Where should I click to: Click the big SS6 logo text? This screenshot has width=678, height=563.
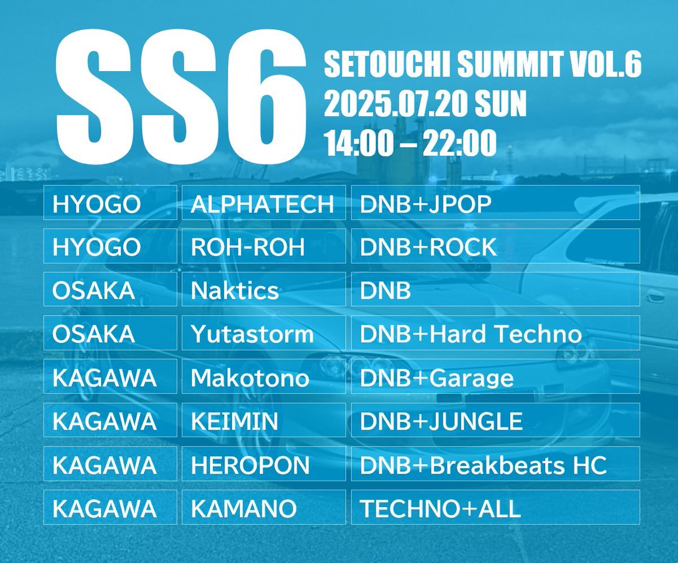click(x=181, y=97)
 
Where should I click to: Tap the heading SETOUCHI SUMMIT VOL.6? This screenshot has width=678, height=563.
click(x=483, y=64)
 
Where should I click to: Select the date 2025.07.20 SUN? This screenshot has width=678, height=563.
click(x=425, y=103)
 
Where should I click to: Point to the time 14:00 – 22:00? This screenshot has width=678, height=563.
click(x=410, y=142)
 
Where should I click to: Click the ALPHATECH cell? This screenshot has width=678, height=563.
click(x=264, y=203)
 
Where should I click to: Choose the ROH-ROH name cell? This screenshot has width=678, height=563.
click(x=264, y=246)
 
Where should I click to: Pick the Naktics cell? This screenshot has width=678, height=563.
click(x=264, y=289)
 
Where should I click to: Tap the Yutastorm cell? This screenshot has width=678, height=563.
click(x=264, y=333)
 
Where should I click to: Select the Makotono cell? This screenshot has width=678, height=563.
click(x=264, y=376)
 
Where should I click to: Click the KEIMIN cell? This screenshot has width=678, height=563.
click(x=264, y=420)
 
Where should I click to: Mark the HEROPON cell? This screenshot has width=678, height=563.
click(x=264, y=464)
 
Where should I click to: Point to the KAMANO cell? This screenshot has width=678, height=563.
click(x=264, y=507)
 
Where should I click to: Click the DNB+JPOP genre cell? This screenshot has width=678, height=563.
click(x=496, y=203)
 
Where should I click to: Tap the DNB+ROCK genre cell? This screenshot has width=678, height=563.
click(x=496, y=246)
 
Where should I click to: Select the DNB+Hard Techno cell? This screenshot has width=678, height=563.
click(x=496, y=333)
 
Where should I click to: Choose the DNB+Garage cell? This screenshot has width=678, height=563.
click(x=496, y=376)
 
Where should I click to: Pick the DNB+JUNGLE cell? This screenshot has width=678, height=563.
click(x=496, y=420)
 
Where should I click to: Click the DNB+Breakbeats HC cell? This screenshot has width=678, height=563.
click(x=496, y=464)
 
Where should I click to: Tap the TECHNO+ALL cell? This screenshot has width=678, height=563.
click(x=496, y=507)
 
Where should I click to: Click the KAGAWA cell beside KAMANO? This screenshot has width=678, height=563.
click(x=110, y=507)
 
